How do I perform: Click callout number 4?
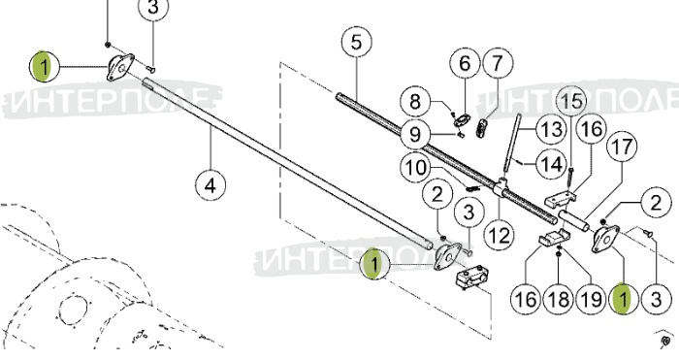tap(210, 185)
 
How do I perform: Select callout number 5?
tap(356, 43)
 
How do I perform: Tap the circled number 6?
tap(465, 64)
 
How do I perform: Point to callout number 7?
tap(498, 63)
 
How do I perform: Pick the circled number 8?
tap(415, 102)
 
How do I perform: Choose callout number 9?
tap(415, 134)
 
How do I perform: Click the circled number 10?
tap(416, 168)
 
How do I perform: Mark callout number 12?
tap(499, 235)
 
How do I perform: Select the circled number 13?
tap(551, 129)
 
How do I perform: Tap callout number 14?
tap(551, 165)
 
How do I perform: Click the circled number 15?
tap(571, 101)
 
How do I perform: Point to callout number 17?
tap(622, 147)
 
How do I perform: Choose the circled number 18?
tap(558, 299)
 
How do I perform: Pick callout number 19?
tap(591, 299)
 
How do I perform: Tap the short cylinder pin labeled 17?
tap(574, 221)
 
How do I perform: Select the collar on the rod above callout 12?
tap(501, 186)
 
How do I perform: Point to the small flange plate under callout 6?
tap(462, 119)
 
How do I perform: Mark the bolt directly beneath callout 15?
tap(571, 177)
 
